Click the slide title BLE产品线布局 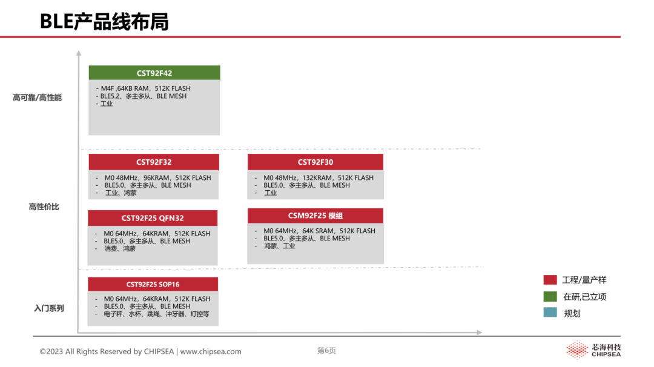(x=104, y=22)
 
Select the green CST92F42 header (x=154, y=73)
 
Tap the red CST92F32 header (x=154, y=162)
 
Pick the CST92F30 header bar (x=315, y=162)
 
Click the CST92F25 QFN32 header (x=153, y=217)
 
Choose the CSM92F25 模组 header (x=315, y=216)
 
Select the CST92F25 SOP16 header (x=153, y=284)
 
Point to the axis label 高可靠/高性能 (x=37, y=98)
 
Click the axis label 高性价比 (x=44, y=207)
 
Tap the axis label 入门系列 (x=49, y=308)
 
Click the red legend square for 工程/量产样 (x=550, y=279)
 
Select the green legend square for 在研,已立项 (x=550, y=297)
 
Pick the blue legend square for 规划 (x=550, y=312)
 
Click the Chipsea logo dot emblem (x=577, y=350)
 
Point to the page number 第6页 (x=326, y=351)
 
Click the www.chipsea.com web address (x=211, y=352)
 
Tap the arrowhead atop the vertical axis (x=78, y=53)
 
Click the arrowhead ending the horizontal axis (x=480, y=332)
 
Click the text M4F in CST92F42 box (x=107, y=88)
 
